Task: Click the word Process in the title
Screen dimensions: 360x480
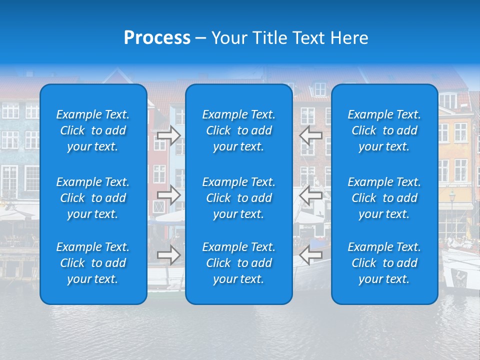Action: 157,38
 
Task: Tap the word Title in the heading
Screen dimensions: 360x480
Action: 272,38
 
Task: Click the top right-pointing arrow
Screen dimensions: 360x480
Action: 169,135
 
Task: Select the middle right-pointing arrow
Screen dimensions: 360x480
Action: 169,195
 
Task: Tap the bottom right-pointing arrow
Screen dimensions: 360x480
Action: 169,255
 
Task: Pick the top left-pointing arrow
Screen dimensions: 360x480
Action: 311,135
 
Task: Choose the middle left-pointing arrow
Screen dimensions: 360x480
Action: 311,195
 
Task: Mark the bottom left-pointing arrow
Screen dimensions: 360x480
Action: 311,255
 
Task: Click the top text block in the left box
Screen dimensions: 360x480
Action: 93,130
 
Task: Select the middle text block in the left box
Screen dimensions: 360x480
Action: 93,198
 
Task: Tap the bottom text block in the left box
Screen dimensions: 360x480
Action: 93,263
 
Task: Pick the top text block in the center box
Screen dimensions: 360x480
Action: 239,130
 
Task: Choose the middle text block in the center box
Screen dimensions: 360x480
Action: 239,198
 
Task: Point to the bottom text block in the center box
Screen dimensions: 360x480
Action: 239,263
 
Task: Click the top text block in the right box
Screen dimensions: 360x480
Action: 384,130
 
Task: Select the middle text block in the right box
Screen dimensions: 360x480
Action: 384,198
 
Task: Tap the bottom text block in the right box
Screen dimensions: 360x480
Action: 384,263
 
